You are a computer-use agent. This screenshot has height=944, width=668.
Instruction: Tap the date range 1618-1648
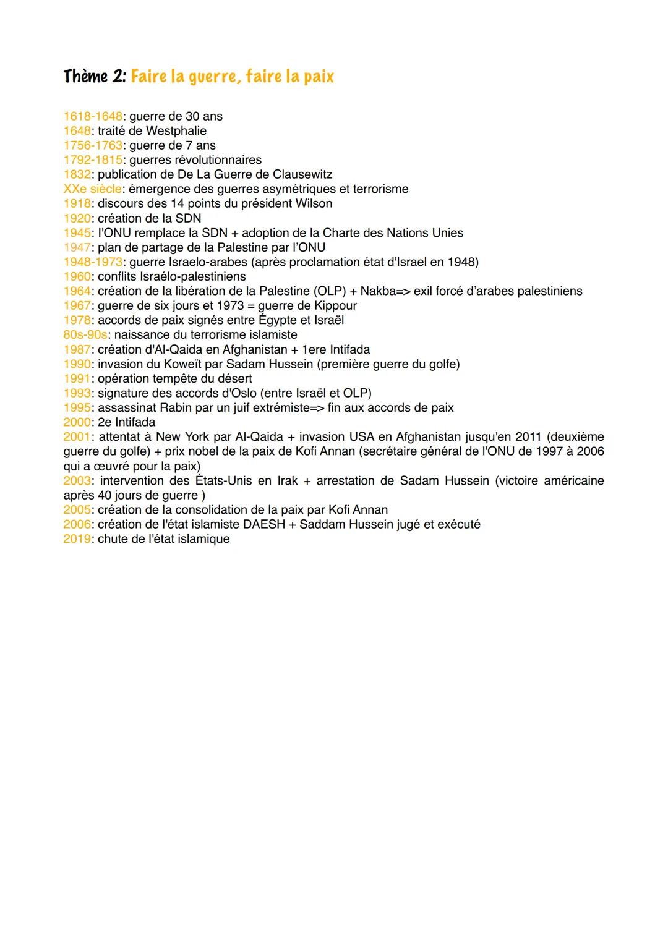point(92,116)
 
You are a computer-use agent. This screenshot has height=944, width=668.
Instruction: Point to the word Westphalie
point(176,131)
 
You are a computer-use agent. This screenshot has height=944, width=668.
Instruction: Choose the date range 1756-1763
point(92,145)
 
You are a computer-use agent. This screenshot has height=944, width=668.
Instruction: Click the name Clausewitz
point(302,174)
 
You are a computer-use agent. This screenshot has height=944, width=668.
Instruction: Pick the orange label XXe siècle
point(92,189)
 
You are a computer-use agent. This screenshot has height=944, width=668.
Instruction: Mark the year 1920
point(77,218)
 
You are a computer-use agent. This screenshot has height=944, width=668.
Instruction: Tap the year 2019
point(77,539)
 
